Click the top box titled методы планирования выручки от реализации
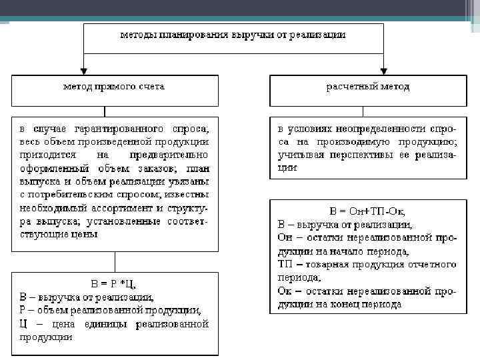233,37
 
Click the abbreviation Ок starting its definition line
283,291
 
